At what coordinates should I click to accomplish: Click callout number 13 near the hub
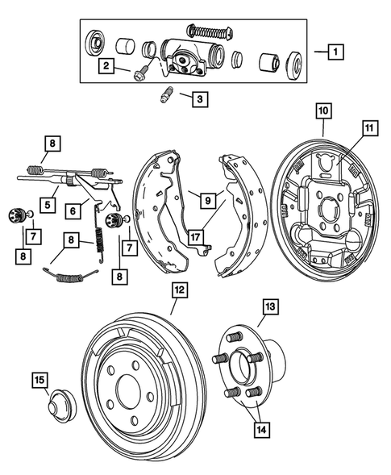tap(270, 306)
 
